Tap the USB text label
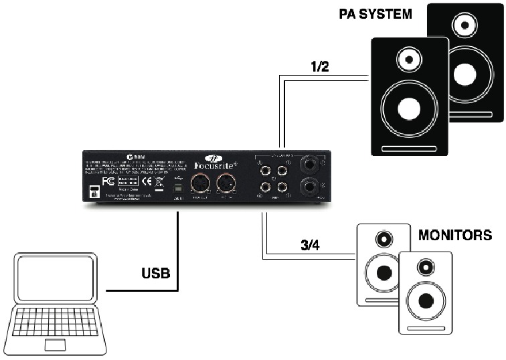pyautogui.click(x=155, y=274)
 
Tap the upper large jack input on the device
pyautogui.click(x=311, y=163)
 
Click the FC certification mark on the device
pyautogui.click(x=106, y=181)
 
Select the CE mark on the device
pyautogui.click(x=143, y=181)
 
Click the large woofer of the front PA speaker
pyautogui.click(x=409, y=107)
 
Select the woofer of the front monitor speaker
pyautogui.click(x=426, y=299)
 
